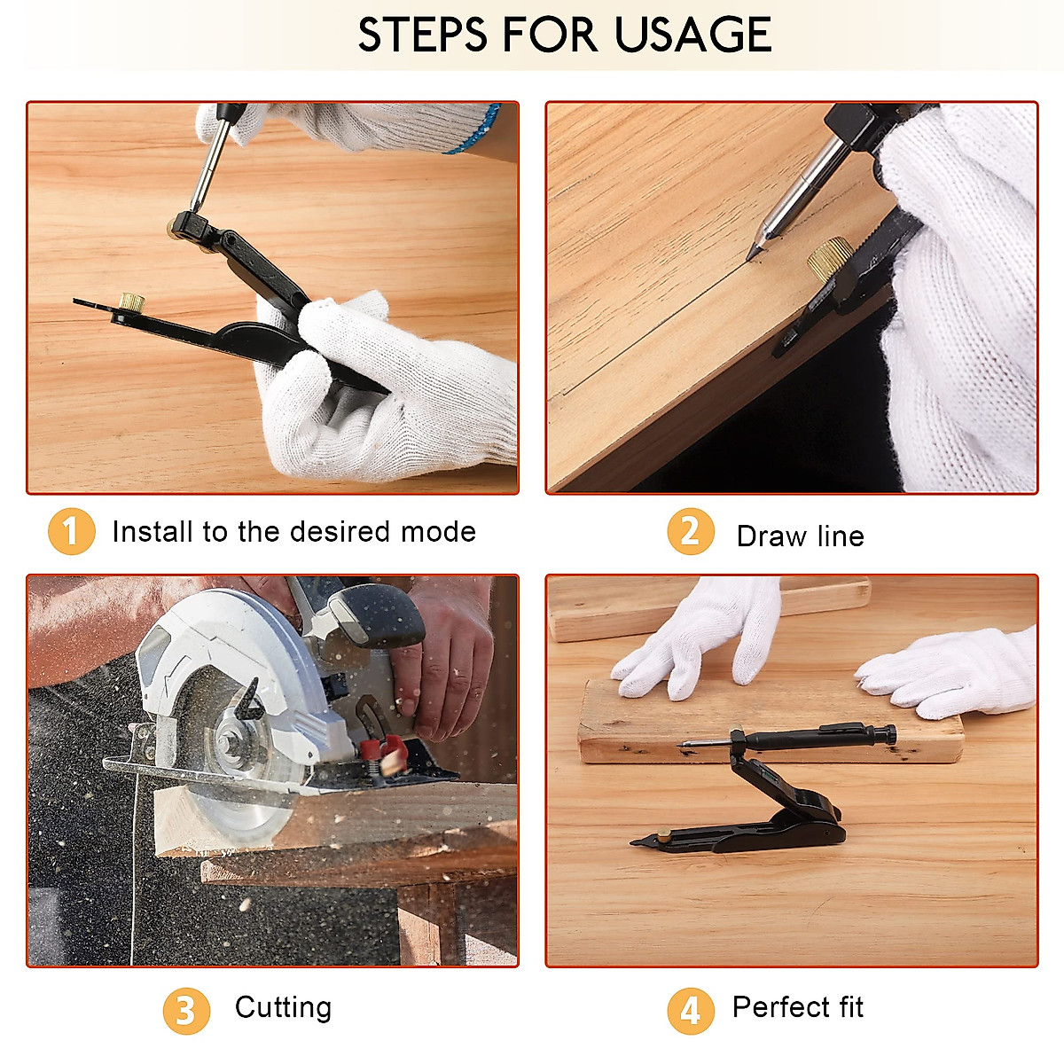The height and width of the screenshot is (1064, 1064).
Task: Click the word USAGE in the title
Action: [692, 35]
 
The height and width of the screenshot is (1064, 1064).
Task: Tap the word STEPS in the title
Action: [422, 35]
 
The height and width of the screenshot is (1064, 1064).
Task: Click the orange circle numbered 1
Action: [71, 531]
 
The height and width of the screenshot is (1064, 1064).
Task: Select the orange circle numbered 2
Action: [691, 531]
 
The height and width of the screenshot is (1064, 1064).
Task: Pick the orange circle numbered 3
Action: [186, 1011]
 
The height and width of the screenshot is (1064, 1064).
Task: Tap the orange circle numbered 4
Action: [691, 1011]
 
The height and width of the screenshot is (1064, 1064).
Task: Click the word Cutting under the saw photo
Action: [283, 1008]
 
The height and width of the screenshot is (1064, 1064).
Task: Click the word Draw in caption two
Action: [771, 536]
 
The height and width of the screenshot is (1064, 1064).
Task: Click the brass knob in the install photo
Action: [131, 302]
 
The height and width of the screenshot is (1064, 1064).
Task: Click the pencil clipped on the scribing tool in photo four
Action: [786, 739]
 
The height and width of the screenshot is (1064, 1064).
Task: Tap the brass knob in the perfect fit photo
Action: [662, 834]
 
